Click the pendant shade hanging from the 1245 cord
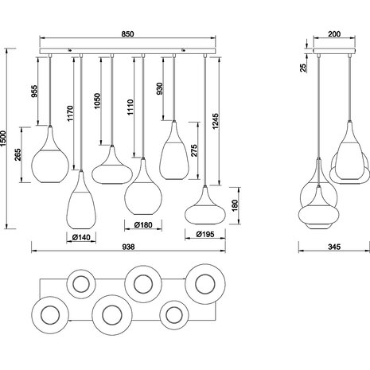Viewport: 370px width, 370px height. point(204,210)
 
